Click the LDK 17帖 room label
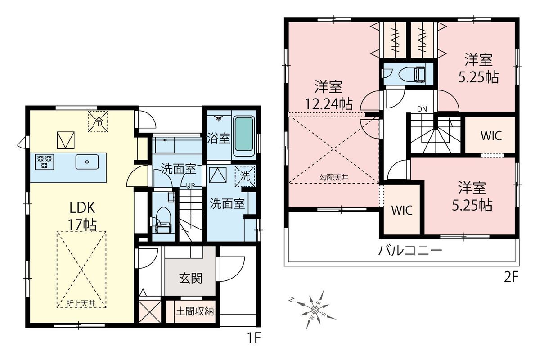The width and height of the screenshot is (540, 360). coord(82,216)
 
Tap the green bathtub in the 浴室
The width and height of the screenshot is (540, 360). coord(244,134)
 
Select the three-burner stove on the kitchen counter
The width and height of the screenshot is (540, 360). coord(45,162)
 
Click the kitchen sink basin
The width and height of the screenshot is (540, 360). coord(87,162)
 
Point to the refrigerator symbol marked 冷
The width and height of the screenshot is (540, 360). coord(98,121)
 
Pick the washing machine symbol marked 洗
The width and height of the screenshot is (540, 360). coord(245,176)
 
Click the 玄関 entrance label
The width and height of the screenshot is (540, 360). coord(190,279)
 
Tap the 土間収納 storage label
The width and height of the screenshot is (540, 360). coord(195,311)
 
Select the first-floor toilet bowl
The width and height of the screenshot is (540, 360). coord(164,217)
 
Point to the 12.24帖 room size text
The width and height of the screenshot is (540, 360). coord(329,104)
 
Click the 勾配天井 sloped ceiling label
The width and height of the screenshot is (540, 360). coord(334,177)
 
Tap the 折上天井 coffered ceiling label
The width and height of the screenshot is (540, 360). coord(81,304)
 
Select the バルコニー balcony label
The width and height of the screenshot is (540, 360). coord(410,251)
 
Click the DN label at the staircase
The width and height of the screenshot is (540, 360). coord(422,109)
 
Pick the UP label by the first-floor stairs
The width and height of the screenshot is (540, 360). coord(190,186)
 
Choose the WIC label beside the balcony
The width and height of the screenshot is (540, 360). coord(402,210)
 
